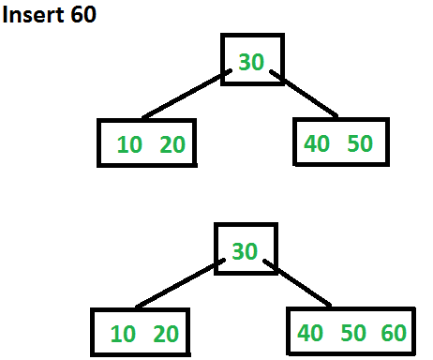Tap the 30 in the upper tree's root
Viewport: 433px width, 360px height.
[251, 62]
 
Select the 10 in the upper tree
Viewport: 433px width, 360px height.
[129, 144]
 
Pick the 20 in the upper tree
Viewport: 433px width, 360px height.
[172, 144]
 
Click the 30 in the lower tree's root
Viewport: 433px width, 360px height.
[245, 250]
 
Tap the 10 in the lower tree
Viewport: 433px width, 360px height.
[123, 333]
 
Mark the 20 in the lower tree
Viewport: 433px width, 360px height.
[165, 333]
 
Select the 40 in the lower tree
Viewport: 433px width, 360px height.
[311, 332]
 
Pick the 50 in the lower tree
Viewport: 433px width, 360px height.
[352, 332]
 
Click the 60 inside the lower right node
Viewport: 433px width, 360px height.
[394, 332]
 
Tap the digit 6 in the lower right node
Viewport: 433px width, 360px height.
[387, 332]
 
